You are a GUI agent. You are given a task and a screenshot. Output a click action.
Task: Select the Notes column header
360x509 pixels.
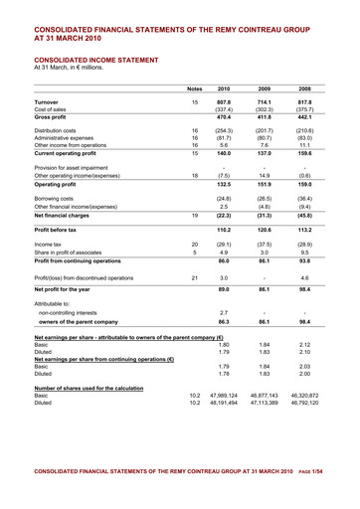click(x=195, y=88)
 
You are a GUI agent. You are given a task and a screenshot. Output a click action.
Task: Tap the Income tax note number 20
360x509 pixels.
click(x=195, y=244)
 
